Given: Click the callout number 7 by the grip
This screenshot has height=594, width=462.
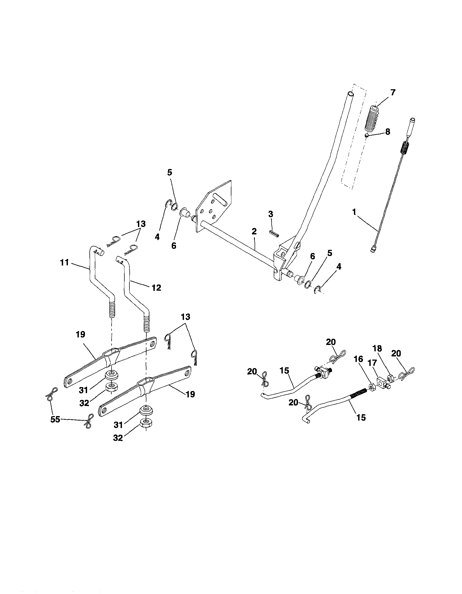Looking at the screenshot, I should [x=393, y=92].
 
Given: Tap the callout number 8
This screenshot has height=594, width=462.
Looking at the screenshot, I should [x=387, y=132].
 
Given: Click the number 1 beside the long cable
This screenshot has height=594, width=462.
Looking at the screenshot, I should [x=354, y=212].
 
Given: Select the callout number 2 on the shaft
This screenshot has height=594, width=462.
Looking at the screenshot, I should [x=254, y=231].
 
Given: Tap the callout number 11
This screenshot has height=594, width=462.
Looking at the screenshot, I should [x=64, y=263].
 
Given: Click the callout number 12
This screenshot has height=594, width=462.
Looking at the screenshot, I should [x=156, y=287].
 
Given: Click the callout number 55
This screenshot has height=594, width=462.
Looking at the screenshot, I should [x=55, y=419].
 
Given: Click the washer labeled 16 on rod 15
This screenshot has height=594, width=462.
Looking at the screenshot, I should [x=371, y=386].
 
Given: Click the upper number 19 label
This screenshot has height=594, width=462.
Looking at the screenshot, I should [x=80, y=334].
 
